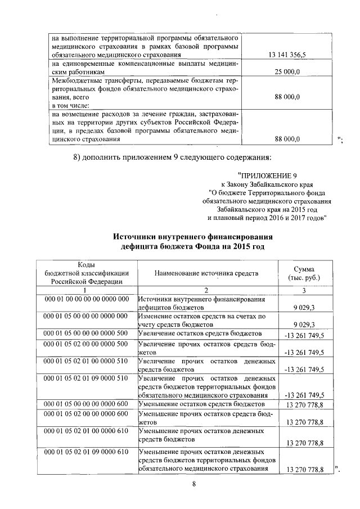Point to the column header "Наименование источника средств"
tap(206, 273)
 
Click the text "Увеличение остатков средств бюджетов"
tap(200, 334)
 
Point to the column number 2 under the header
tap(206, 290)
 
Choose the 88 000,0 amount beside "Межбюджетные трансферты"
tap(287, 97)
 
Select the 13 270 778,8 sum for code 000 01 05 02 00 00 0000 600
tap(304, 422)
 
